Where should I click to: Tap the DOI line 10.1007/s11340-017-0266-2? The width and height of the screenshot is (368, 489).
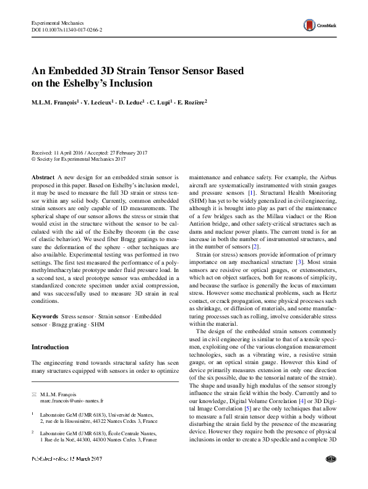(67, 29)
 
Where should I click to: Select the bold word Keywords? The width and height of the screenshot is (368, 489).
(45, 316)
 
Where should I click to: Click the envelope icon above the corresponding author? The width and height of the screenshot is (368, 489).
(34, 394)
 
